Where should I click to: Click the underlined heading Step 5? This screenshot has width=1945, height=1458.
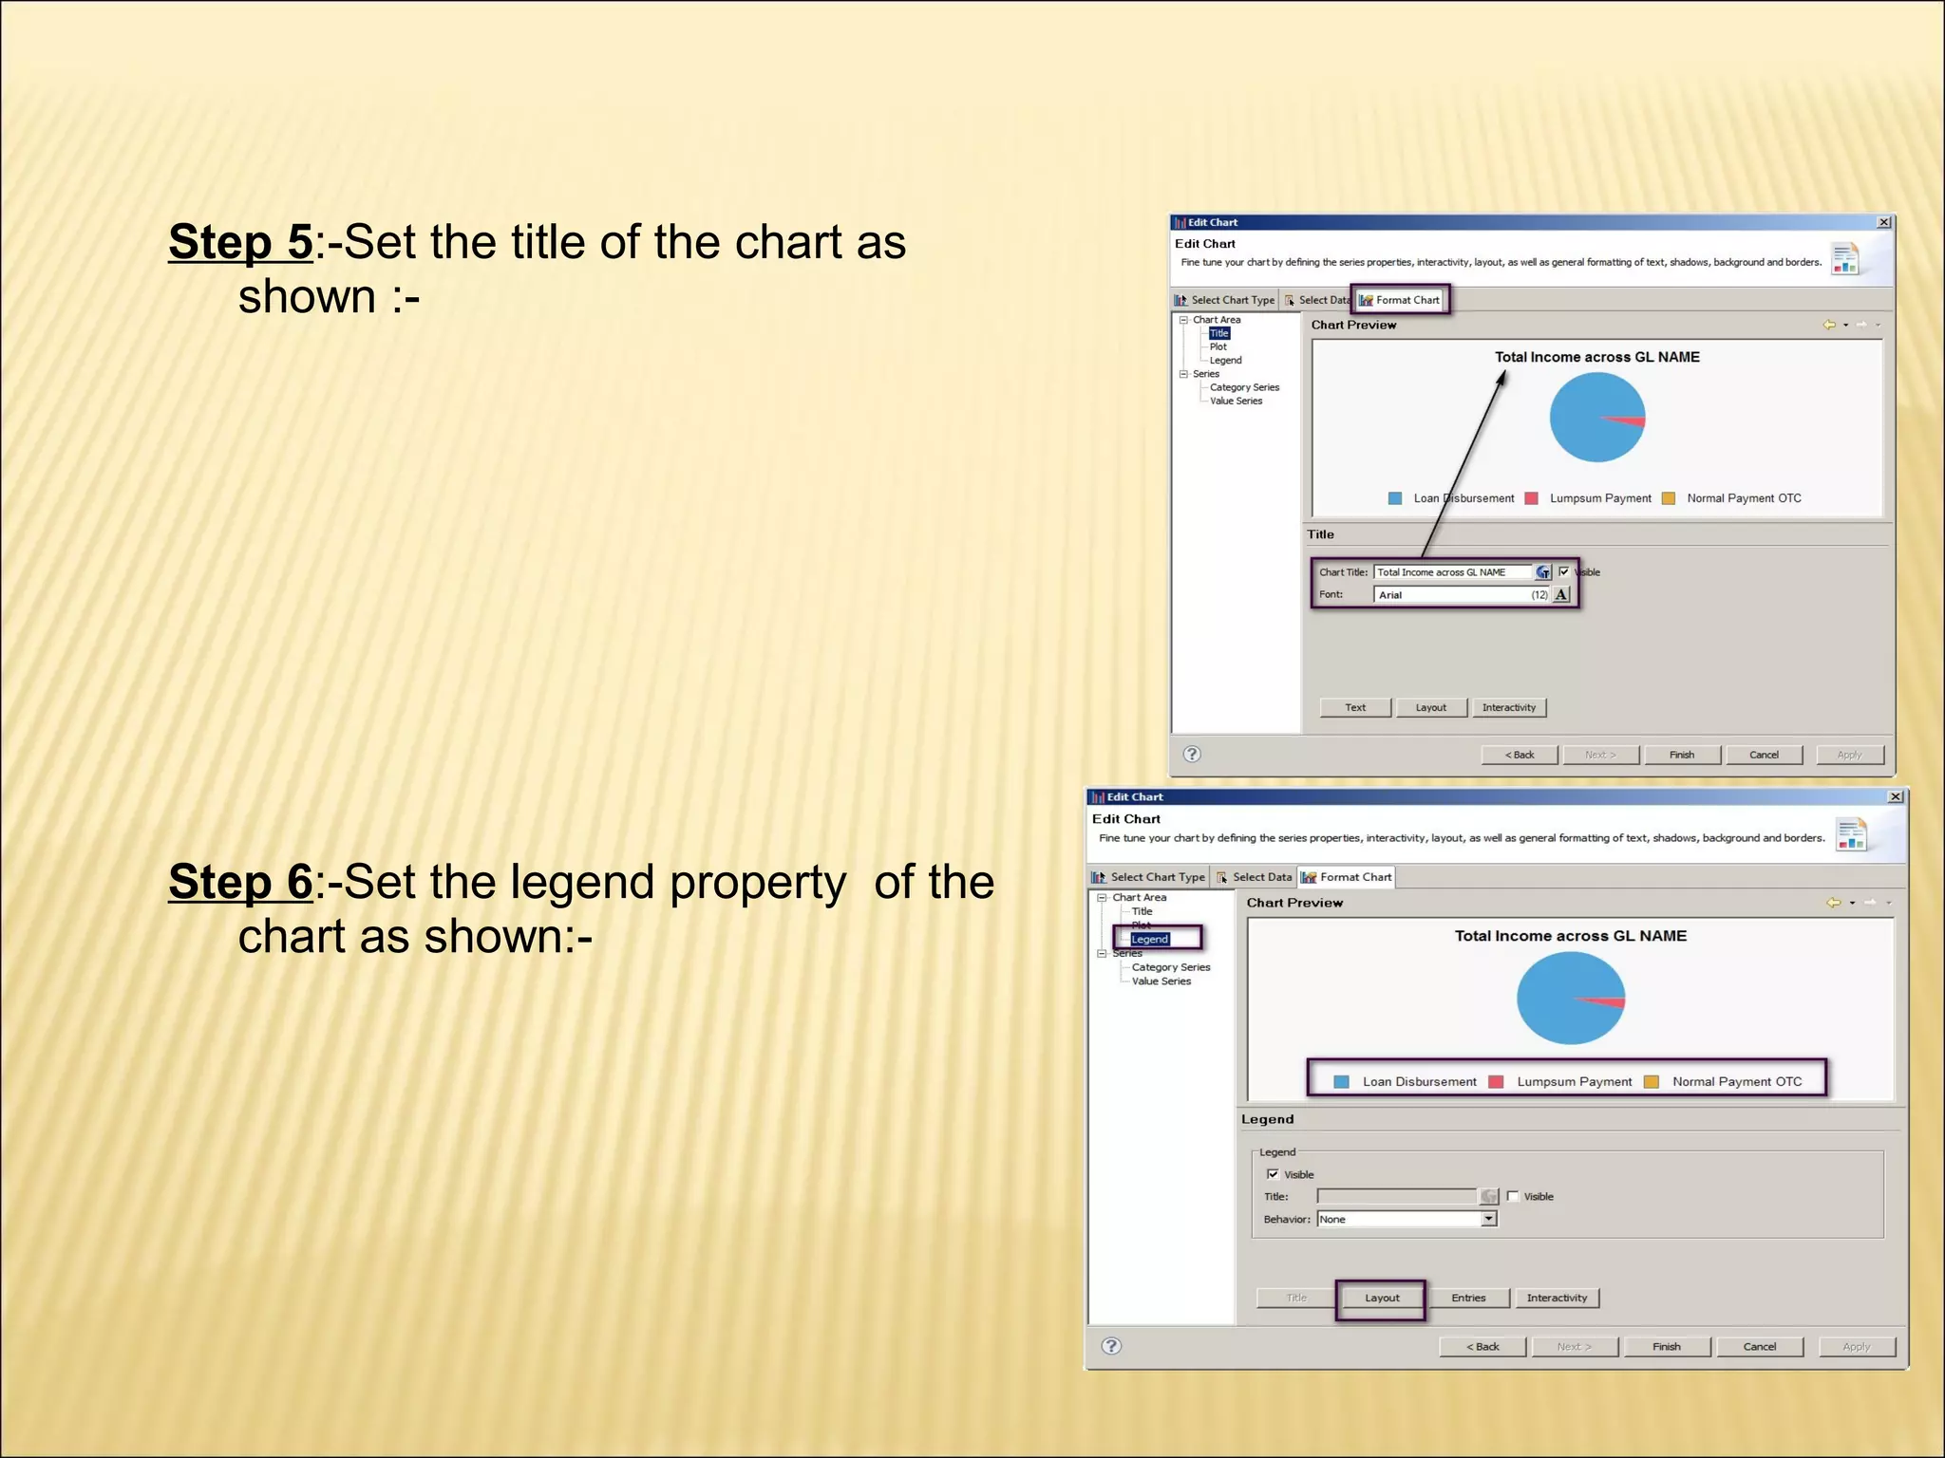click(240, 242)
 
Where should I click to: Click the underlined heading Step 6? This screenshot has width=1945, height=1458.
click(240, 882)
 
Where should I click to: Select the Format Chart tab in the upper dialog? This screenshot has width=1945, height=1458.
click(1401, 300)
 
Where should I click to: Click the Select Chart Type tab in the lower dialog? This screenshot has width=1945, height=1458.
click(1149, 877)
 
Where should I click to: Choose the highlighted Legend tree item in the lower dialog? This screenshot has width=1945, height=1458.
click(1149, 939)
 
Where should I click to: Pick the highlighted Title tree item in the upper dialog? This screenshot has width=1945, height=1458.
click(1219, 333)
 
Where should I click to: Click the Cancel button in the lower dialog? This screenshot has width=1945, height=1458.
click(1759, 1346)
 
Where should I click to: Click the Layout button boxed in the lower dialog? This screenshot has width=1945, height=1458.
click(1381, 1298)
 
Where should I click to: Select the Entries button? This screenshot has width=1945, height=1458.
click(1468, 1298)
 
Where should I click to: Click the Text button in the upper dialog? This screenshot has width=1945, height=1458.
click(1355, 707)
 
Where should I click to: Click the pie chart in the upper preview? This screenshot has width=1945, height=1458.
click(1596, 418)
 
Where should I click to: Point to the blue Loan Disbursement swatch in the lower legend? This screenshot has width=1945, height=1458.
click(1341, 1082)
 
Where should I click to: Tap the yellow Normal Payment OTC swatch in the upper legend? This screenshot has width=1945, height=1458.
click(1669, 498)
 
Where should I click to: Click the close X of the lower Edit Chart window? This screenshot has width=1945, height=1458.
click(1895, 797)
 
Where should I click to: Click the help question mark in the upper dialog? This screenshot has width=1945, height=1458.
click(1192, 754)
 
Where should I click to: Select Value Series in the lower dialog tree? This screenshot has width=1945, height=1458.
click(1161, 981)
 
